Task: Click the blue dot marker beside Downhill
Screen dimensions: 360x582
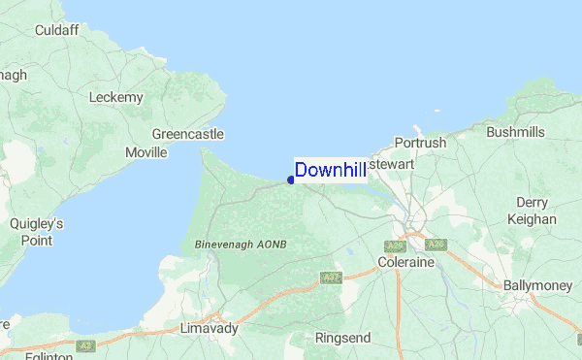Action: (291, 180)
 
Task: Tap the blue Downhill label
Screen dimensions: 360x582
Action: (330, 171)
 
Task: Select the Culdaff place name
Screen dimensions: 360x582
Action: (56, 30)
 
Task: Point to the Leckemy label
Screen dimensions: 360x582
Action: (115, 97)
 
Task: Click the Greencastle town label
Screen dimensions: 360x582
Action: (188, 134)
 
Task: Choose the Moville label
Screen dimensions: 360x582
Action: (146, 153)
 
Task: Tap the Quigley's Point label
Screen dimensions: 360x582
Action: (36, 231)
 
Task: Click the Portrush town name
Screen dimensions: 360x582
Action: (420, 143)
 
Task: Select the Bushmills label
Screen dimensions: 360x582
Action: (515, 132)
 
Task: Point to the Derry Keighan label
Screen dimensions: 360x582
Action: (532, 211)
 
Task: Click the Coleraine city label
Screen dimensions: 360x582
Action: (405, 263)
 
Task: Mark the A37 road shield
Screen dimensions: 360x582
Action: (330, 278)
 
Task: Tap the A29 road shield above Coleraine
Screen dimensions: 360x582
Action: (395, 246)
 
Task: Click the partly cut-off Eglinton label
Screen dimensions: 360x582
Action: (40, 355)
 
